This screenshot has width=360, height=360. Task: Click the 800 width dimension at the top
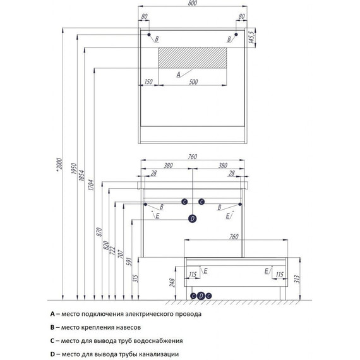[193, 3]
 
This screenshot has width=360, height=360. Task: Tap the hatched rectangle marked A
[193, 58]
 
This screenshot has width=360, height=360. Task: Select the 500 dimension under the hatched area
[193, 82]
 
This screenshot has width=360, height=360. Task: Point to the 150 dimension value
[148, 81]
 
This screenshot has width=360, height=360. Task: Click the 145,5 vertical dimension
[251, 38]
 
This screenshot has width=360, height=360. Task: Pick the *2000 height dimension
[59, 164]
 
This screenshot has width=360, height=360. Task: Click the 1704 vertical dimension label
[91, 185]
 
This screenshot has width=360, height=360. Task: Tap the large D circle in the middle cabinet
[193, 219]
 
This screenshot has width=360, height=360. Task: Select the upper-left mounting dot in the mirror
[149, 35]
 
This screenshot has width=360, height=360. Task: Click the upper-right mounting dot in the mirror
[236, 35]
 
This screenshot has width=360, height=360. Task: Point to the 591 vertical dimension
[129, 261]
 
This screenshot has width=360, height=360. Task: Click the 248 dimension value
[172, 283]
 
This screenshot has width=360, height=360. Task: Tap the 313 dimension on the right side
[297, 279]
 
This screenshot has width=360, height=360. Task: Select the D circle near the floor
[201, 296]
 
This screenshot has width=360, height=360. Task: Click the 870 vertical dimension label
[99, 232]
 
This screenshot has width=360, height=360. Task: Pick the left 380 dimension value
[168, 165]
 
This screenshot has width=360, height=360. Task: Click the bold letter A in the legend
[52, 314]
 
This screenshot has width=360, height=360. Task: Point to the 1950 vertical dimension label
[74, 168]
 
